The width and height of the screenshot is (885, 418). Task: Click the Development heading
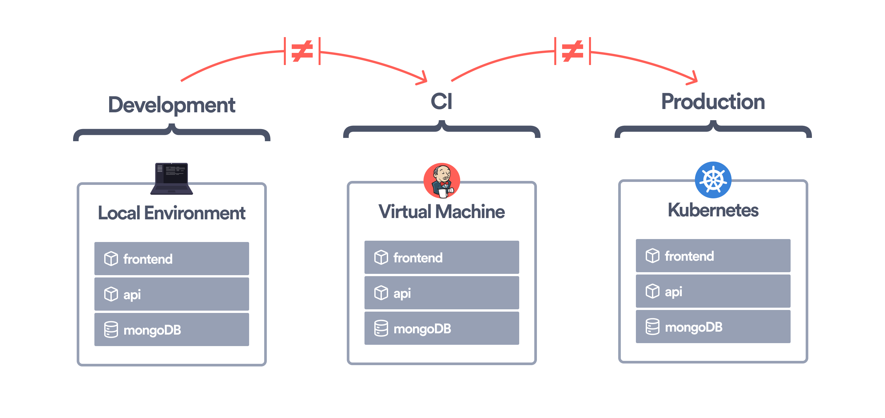pos(171,105)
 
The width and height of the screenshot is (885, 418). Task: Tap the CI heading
pos(442,102)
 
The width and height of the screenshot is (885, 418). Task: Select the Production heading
pos(713,102)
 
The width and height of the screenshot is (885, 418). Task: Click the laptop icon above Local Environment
pos(171,179)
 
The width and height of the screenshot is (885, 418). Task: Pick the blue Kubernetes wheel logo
pos(713,180)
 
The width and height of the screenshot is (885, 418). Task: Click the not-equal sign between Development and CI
pos(302,51)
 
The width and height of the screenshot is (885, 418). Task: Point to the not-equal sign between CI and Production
pos(572,51)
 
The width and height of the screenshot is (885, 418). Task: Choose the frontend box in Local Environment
pos(171,259)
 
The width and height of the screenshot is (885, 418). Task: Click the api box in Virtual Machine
pos(442,293)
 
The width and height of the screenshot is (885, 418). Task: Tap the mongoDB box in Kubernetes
pos(713,326)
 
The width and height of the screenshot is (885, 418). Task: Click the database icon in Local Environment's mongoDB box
pos(111,330)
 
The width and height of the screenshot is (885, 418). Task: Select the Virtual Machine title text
pos(442,211)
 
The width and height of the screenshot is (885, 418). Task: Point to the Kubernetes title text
pos(713,210)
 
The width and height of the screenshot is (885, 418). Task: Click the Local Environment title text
pos(171,213)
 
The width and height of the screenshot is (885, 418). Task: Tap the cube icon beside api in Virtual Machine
pos(381,293)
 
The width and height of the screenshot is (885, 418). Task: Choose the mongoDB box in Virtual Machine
pos(442,328)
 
